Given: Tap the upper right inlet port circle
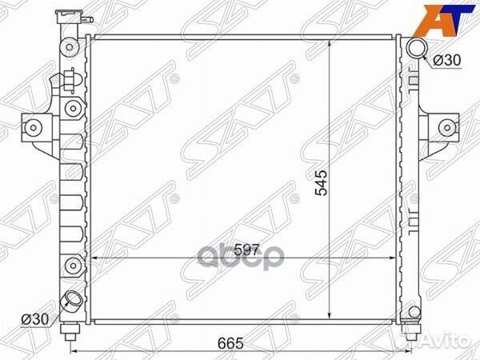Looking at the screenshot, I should coord(415,50).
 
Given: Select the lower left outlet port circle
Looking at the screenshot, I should coord(74,302).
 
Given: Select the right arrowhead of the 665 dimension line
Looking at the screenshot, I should coord(418,350).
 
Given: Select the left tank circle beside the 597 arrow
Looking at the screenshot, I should coord(73,265).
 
